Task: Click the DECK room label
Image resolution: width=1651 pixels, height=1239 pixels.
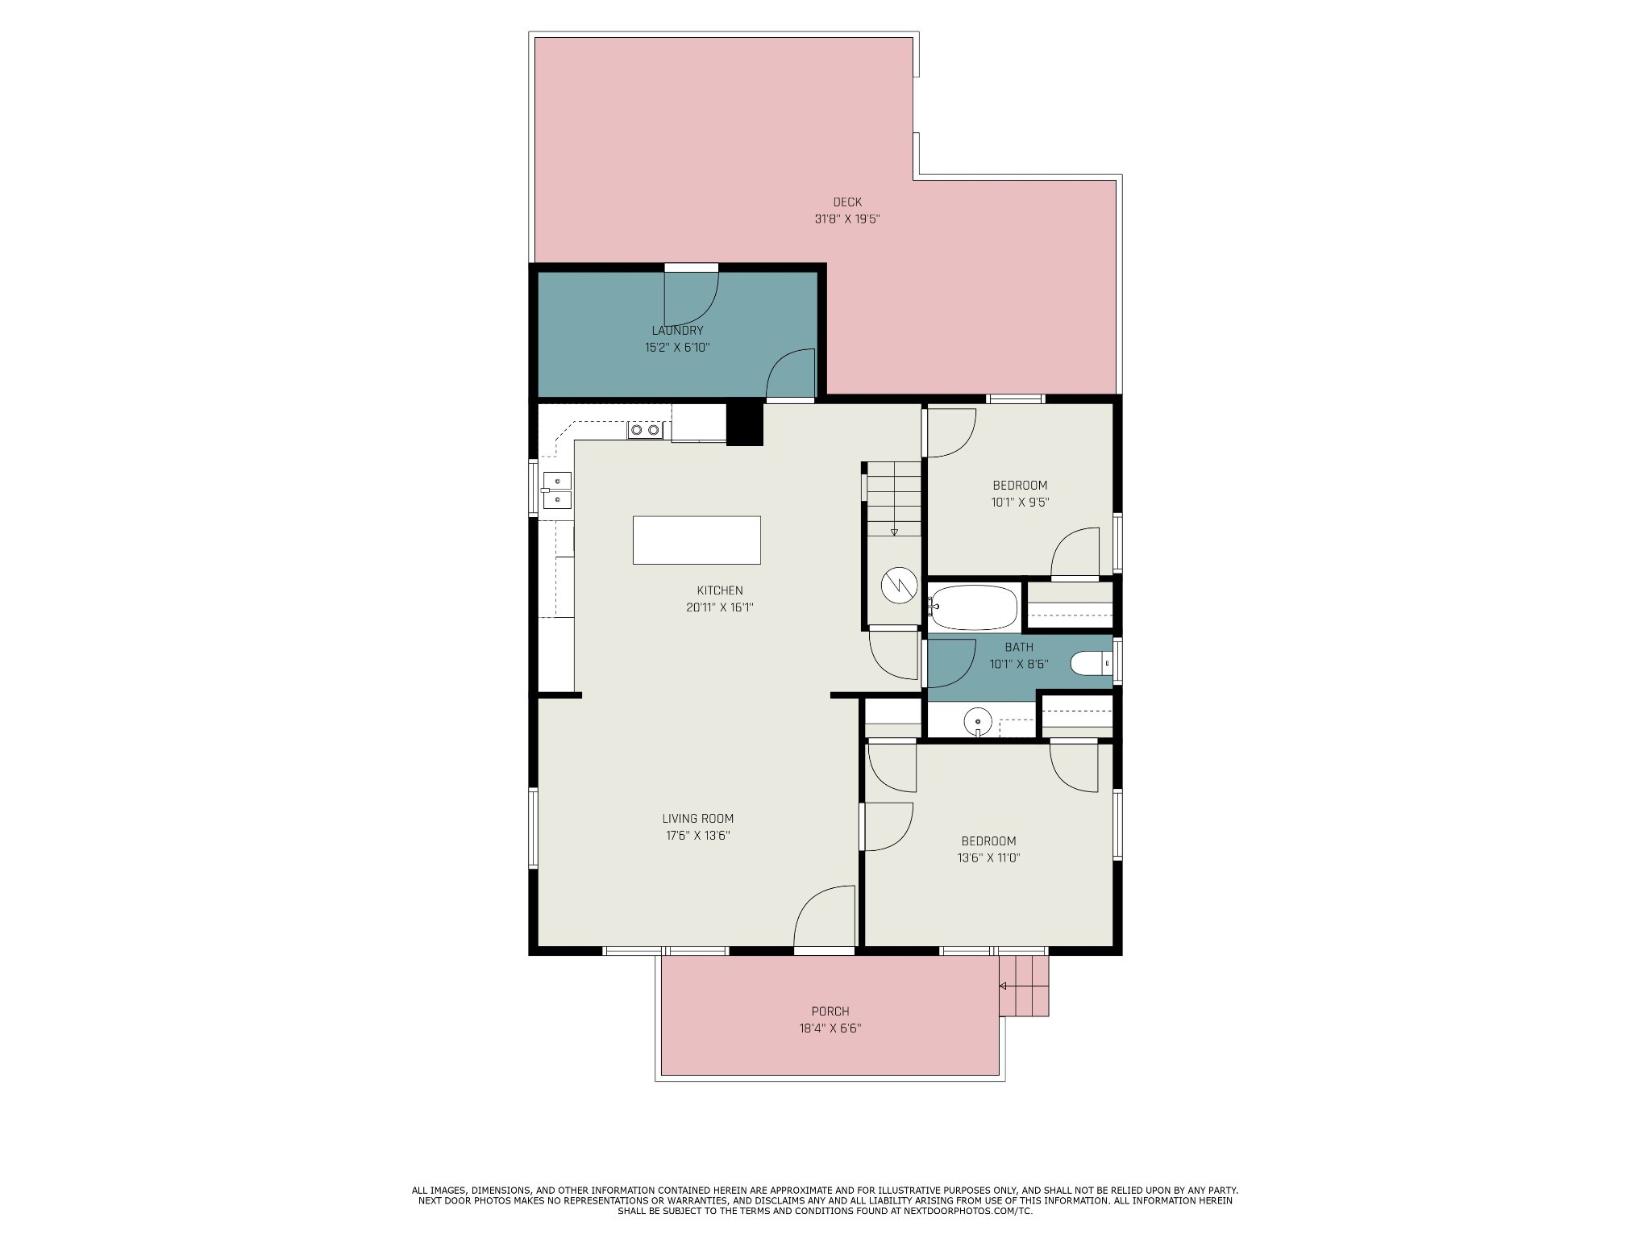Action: tap(847, 202)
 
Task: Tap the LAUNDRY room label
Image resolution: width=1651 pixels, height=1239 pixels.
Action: tap(677, 331)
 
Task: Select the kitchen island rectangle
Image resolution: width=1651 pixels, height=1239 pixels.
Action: tap(697, 540)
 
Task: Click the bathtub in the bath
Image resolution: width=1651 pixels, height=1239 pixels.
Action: tap(973, 607)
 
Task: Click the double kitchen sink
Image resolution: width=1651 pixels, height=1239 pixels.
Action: tap(556, 490)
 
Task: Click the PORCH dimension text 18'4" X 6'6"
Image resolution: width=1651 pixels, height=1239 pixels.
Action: tap(830, 1028)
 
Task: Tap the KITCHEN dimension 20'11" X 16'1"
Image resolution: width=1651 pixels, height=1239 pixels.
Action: tap(720, 607)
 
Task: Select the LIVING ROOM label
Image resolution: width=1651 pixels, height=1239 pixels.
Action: tap(698, 819)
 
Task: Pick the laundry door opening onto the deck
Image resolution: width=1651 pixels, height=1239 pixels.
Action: tap(691, 297)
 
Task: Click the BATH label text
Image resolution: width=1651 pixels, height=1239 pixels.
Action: tap(1019, 648)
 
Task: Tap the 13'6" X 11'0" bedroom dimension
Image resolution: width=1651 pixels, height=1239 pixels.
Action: tap(989, 858)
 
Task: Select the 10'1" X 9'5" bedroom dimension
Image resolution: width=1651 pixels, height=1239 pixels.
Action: tap(1020, 503)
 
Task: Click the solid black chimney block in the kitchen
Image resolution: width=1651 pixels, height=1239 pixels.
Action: tap(745, 423)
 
